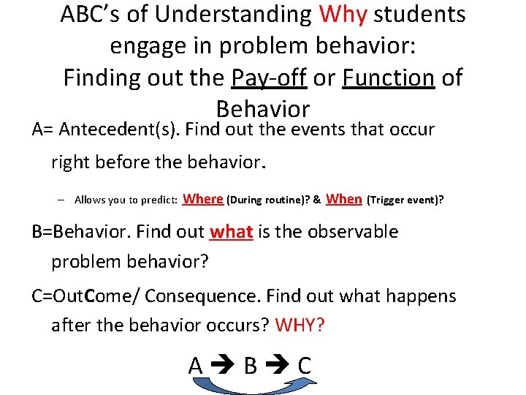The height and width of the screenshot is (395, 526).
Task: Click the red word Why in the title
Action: pyautogui.click(x=343, y=14)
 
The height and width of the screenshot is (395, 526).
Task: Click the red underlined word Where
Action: pyautogui.click(x=202, y=198)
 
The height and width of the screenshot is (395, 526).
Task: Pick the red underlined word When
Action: pyautogui.click(x=344, y=198)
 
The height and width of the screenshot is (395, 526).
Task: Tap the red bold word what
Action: pyautogui.click(x=231, y=232)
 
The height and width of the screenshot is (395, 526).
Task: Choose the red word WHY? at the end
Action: pyautogui.click(x=300, y=325)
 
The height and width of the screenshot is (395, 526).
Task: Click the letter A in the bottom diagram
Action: pyautogui.click(x=196, y=365)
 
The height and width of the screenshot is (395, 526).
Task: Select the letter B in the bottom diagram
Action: pyautogui.click(x=250, y=365)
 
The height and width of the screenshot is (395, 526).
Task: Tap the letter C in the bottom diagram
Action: pyautogui.click(x=304, y=365)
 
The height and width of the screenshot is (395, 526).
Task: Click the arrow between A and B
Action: pyautogui.click(x=223, y=366)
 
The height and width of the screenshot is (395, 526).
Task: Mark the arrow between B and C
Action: pyautogui.click(x=278, y=366)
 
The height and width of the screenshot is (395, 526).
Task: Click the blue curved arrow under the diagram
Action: pyautogui.click(x=248, y=385)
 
